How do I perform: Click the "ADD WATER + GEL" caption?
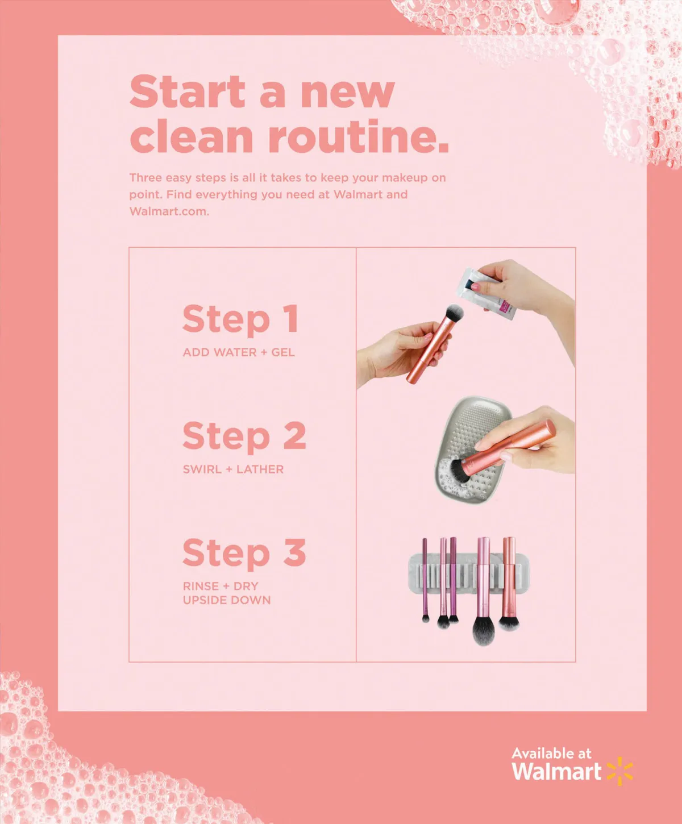pos(239,352)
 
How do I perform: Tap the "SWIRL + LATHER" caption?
pos(233,469)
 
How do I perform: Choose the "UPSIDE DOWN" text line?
pos(227,600)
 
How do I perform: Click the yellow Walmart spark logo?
pos(619,771)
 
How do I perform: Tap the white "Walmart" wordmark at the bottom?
pos(556,771)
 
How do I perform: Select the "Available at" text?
pos(551,754)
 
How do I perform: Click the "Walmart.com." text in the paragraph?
pos(169,211)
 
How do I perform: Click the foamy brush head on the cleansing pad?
pos(458,472)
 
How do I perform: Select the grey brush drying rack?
pos(468,576)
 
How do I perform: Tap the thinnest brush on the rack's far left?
pos(425,580)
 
